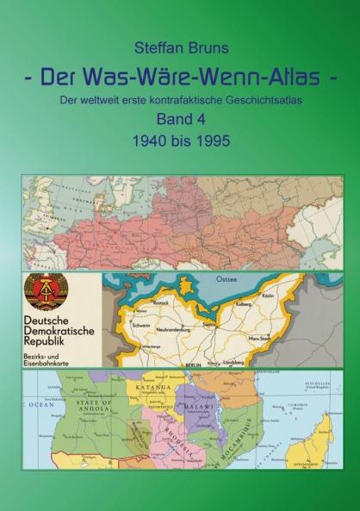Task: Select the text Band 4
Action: [x=180, y=121]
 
